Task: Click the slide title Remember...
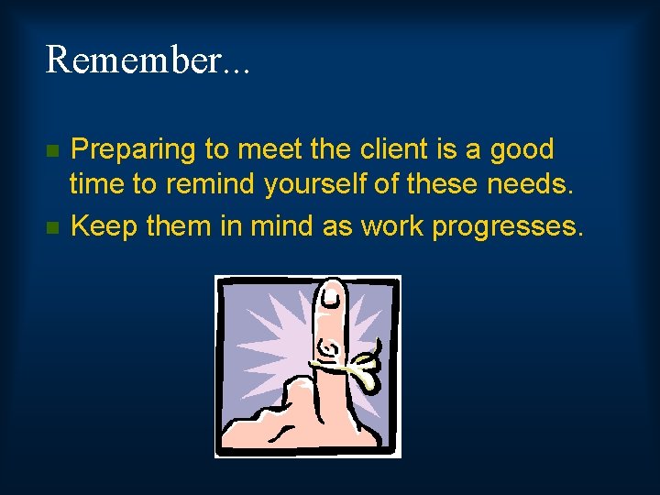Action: click(148, 60)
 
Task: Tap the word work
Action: click(386, 225)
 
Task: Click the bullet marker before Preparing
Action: click(53, 149)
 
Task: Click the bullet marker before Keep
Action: click(53, 226)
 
